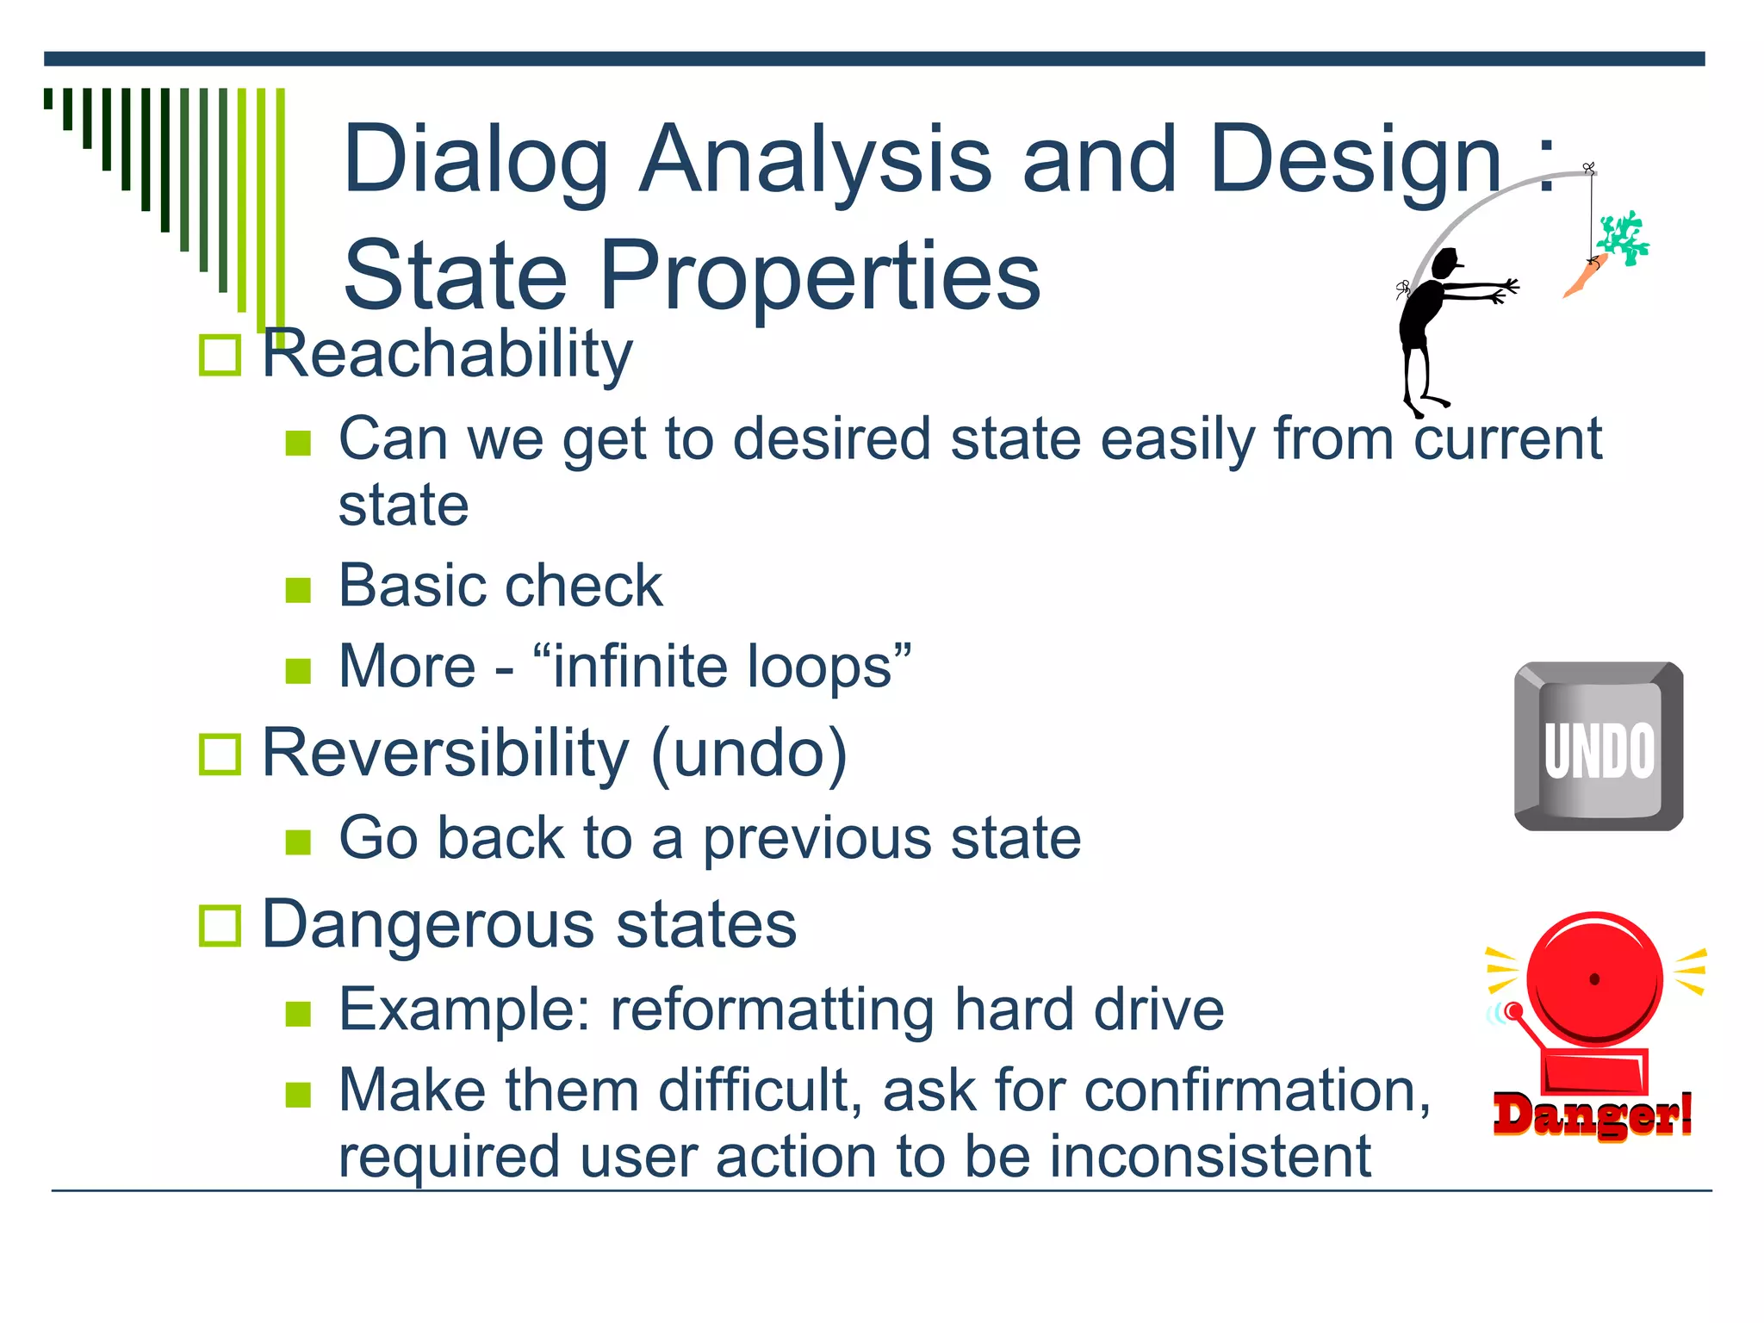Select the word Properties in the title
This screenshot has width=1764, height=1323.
tap(819, 276)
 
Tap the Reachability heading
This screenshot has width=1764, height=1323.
tap(446, 354)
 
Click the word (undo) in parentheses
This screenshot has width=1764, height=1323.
tap(749, 755)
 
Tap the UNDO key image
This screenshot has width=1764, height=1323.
tap(1599, 746)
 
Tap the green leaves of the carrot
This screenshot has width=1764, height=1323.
tap(1623, 237)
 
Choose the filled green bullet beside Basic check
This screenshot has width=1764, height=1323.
tap(298, 590)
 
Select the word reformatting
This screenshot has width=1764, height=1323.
tap(773, 1010)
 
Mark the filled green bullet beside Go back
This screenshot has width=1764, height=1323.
tap(298, 842)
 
